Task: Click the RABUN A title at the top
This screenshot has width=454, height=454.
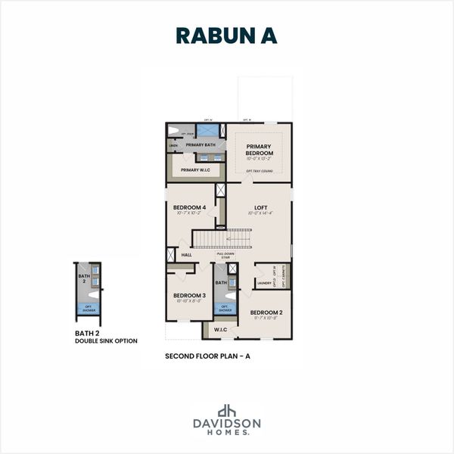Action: click(x=226, y=36)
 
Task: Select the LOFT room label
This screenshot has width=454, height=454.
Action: click(x=260, y=207)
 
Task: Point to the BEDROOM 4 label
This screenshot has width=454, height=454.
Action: click(x=189, y=207)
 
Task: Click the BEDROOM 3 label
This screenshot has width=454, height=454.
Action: click(x=189, y=295)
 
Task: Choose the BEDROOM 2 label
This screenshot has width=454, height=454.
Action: click(x=266, y=313)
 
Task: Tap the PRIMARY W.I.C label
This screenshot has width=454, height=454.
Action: click(x=195, y=170)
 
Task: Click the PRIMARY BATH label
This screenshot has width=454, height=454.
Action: click(x=201, y=145)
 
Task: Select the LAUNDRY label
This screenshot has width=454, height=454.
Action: click(x=264, y=284)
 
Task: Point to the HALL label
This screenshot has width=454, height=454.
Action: click(x=186, y=255)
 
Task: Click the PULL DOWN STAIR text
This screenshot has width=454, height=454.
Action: click(x=225, y=256)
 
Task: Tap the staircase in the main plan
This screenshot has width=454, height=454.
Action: click(x=222, y=240)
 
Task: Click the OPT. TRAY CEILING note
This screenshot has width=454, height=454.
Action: click(x=260, y=172)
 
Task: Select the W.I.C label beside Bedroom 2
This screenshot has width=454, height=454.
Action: click(x=220, y=329)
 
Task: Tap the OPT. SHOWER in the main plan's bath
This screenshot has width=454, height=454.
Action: click(x=225, y=309)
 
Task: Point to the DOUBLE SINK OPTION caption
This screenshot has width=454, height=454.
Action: click(x=106, y=340)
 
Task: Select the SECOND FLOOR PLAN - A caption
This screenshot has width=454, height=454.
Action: click(x=207, y=355)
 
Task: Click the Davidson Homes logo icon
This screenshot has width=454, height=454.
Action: click(x=226, y=411)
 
